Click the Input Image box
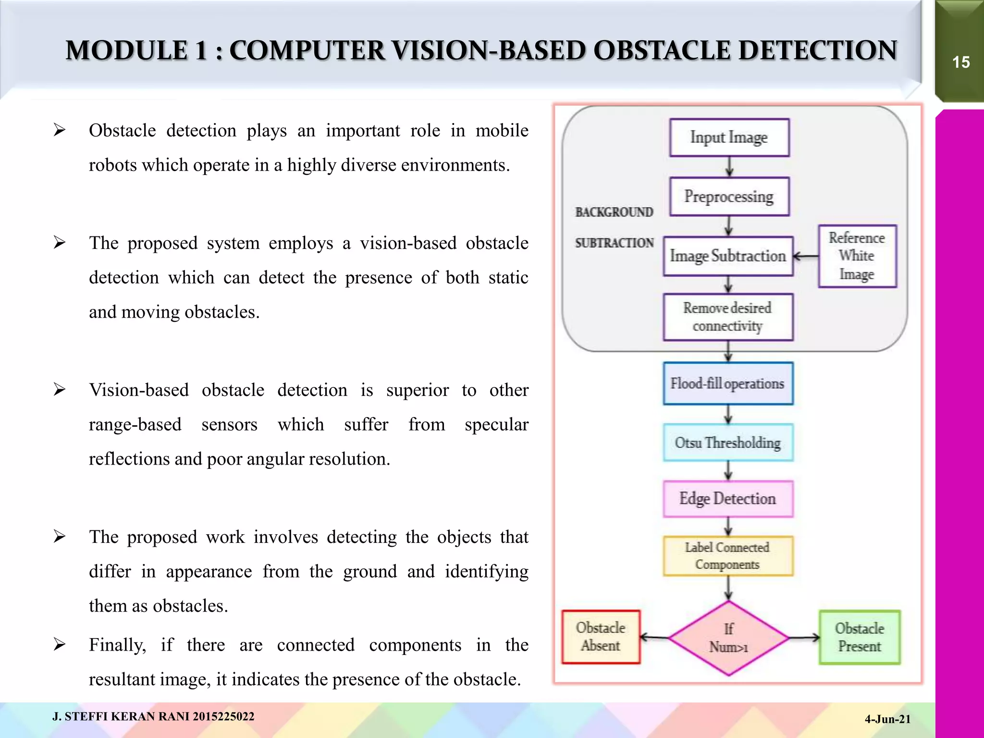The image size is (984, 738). [729, 137]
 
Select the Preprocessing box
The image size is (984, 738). [729, 197]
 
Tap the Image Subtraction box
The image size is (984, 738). [728, 256]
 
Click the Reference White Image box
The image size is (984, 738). [857, 256]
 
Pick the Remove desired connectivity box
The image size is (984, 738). [728, 317]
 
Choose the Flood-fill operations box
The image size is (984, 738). [728, 383]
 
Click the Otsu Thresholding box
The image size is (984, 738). [728, 443]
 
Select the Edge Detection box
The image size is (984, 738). [728, 499]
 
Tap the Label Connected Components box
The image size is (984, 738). [728, 556]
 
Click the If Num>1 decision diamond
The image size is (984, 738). [729, 638]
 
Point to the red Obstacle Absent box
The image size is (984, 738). [601, 637]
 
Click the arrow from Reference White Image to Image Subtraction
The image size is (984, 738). [806, 257]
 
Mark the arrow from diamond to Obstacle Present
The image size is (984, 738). [804, 638]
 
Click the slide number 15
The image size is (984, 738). [961, 62]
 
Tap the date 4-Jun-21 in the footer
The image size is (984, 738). [887, 719]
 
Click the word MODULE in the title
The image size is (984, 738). [127, 51]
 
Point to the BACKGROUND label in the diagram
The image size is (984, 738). [614, 212]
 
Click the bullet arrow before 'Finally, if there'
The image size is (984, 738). [60, 644]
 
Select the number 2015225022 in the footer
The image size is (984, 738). [223, 717]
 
